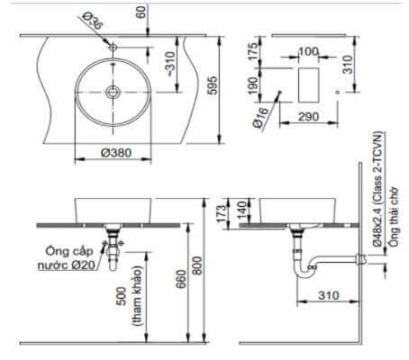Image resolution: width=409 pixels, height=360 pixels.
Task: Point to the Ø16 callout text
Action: pyautogui.click(x=262, y=116)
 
